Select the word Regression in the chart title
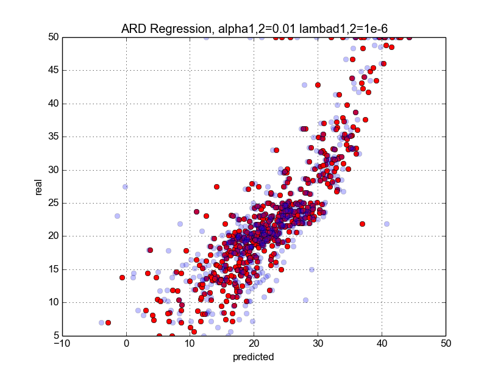click(180, 28)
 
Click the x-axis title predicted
click(254, 357)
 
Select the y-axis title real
click(38, 186)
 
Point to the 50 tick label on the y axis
click(52, 37)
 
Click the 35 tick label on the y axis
click(52, 137)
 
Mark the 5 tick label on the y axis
click(55, 335)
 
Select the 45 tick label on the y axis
click(52, 70)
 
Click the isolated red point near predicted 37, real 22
click(362, 224)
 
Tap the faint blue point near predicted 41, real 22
click(386, 224)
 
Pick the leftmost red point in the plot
click(108, 322)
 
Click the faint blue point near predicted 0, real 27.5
click(125, 187)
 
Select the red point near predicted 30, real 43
click(318, 85)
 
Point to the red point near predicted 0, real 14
click(122, 277)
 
